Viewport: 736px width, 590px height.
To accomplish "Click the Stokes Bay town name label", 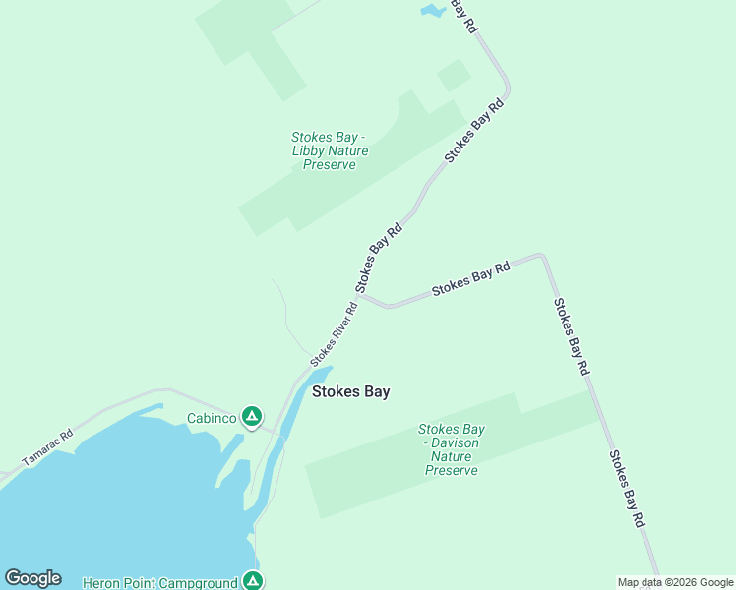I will click(x=350, y=391).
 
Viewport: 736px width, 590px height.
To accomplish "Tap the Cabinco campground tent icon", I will click(x=253, y=417).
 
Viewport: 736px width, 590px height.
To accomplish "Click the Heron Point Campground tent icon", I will click(x=253, y=581).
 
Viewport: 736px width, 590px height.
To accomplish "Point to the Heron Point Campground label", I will click(x=160, y=583).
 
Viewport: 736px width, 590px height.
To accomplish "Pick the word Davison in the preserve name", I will click(x=454, y=442).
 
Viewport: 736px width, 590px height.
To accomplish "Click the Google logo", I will click(x=32, y=578).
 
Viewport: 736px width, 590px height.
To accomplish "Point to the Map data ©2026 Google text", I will click(x=676, y=582).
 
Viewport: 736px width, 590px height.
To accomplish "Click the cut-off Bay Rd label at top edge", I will click(x=463, y=15).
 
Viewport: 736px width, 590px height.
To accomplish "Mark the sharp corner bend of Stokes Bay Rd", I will click(x=541, y=257).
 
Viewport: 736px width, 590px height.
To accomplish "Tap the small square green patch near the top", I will click(x=454, y=75).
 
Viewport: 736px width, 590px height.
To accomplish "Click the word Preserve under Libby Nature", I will click(x=329, y=164).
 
